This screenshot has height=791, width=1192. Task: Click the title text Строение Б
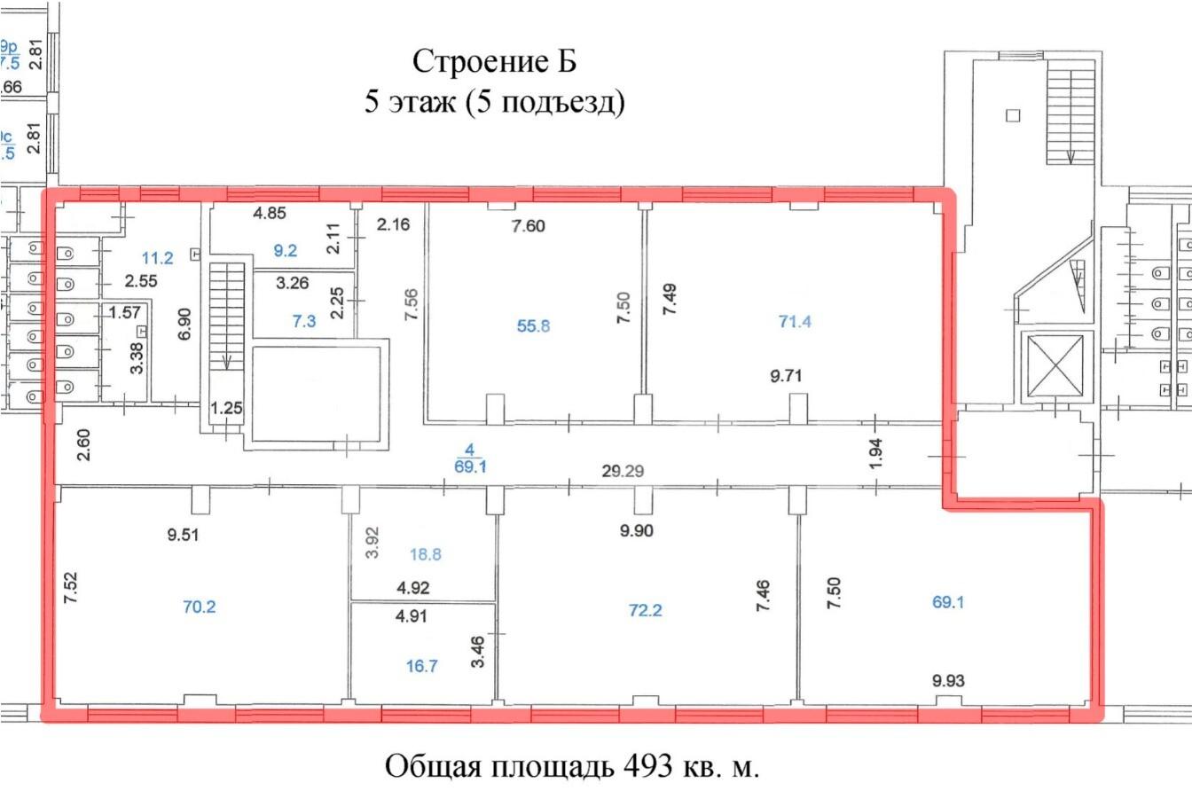(x=495, y=62)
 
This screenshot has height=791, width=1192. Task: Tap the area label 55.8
(x=533, y=325)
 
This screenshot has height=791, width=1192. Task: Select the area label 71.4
(x=795, y=322)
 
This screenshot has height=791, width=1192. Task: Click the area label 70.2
(x=198, y=607)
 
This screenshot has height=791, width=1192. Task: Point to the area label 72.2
(x=646, y=610)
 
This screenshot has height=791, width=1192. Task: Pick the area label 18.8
(x=426, y=554)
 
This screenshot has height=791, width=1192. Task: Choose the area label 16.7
(x=422, y=667)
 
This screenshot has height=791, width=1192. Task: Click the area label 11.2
(x=158, y=258)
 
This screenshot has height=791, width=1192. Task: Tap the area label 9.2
(x=285, y=251)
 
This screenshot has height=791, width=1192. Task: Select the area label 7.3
(x=303, y=321)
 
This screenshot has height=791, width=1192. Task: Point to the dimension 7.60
(x=528, y=226)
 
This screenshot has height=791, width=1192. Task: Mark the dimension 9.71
(x=788, y=375)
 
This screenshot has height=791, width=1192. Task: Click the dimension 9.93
(x=948, y=681)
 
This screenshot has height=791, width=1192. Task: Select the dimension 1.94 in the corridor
(x=875, y=455)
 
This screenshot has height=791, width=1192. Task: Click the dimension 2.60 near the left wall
(x=84, y=443)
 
